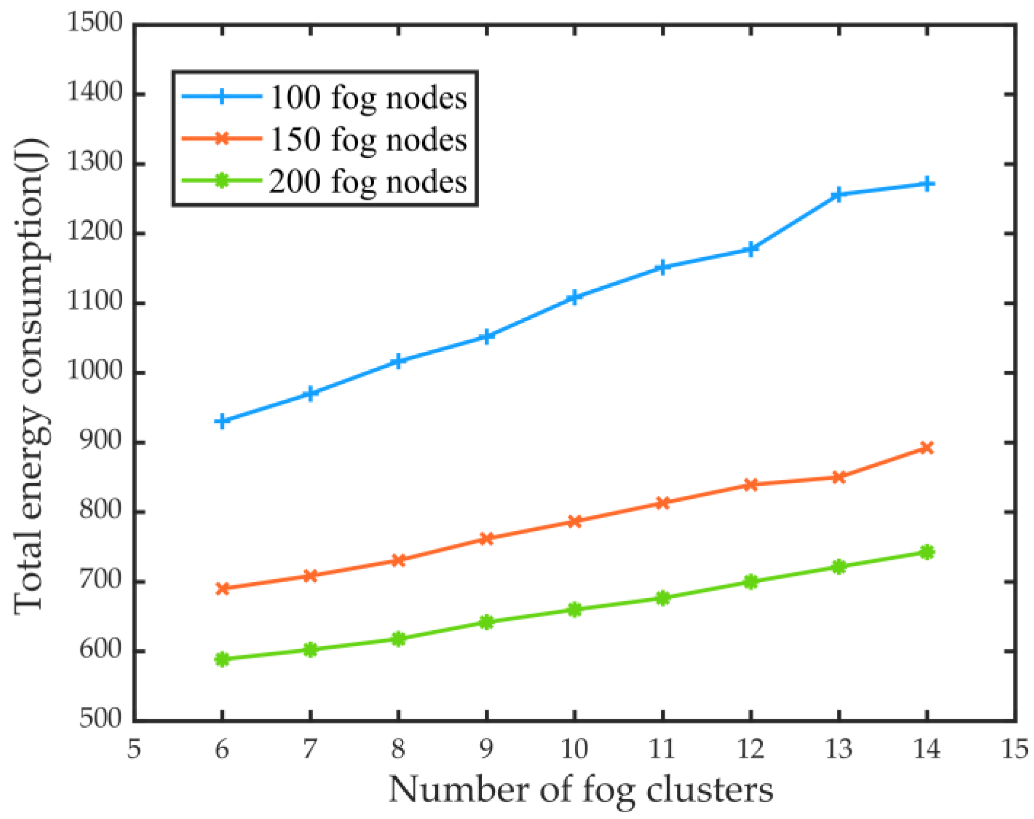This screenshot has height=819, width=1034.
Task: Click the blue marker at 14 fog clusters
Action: pos(926,184)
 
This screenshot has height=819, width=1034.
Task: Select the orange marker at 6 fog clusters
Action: pos(222,589)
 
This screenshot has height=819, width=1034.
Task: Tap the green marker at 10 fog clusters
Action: pos(574,609)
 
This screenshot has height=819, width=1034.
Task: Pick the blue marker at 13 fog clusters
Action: pos(838,195)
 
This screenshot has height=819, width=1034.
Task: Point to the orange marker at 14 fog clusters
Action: pos(926,447)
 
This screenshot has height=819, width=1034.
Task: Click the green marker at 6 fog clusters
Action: pos(222,659)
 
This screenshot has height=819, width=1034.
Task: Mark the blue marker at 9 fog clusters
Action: pos(486,336)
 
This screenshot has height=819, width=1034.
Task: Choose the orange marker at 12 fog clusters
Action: pos(750,485)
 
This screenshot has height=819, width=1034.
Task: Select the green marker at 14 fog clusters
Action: pos(926,552)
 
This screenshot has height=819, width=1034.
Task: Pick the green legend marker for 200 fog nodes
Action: pos(222,181)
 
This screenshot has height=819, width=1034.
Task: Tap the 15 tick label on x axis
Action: pos(1014,749)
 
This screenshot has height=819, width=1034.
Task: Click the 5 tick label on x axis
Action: pos(134,749)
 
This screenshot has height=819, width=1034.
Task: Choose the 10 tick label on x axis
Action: pos(574,749)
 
